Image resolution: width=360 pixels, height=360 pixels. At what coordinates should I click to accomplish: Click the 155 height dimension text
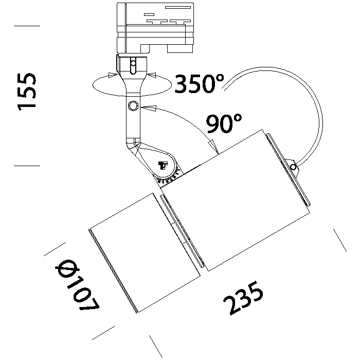[27, 91]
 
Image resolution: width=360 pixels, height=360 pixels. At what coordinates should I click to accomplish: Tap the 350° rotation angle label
[200, 83]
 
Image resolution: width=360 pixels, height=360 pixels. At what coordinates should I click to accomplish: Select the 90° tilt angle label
[224, 124]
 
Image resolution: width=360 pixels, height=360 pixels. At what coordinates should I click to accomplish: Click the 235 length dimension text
[244, 299]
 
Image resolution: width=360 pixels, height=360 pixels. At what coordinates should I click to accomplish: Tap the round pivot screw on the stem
[133, 106]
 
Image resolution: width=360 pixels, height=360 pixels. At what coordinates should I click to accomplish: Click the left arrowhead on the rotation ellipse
[111, 76]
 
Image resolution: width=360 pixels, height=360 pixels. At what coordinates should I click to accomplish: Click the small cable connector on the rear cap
[293, 166]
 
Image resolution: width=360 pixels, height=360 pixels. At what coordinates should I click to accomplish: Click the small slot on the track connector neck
[133, 66]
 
